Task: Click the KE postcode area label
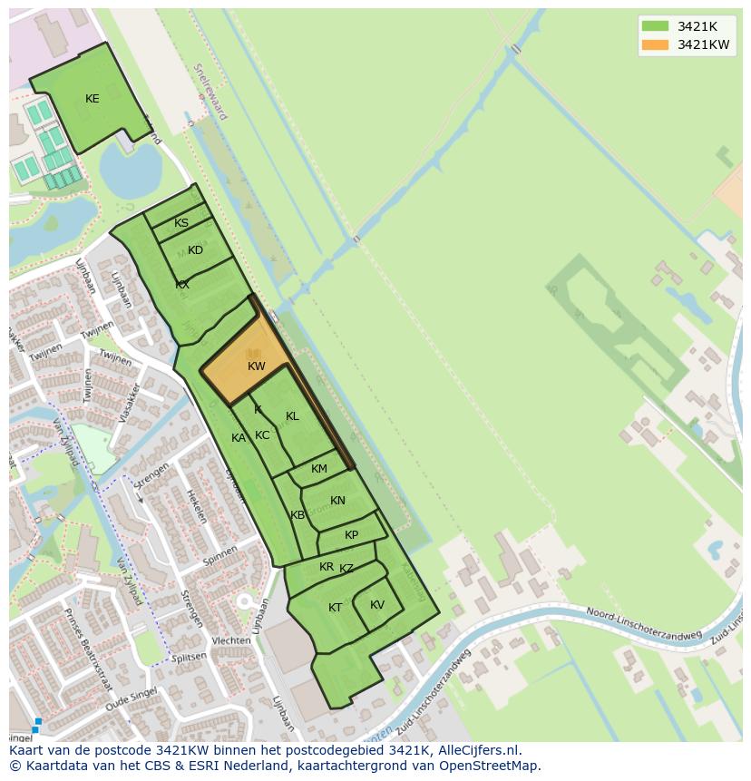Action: (92, 99)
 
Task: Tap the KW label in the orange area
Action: (257, 366)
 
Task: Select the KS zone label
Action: (181, 223)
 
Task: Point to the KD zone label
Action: (195, 250)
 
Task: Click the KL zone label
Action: (292, 416)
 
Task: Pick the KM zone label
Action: (319, 469)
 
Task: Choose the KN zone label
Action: (337, 501)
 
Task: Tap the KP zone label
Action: (351, 535)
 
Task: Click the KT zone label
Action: (336, 608)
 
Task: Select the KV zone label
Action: (377, 605)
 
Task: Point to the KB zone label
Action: (297, 515)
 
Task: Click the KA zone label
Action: (239, 438)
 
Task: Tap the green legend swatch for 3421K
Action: (654, 26)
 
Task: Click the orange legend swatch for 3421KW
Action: (654, 44)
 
